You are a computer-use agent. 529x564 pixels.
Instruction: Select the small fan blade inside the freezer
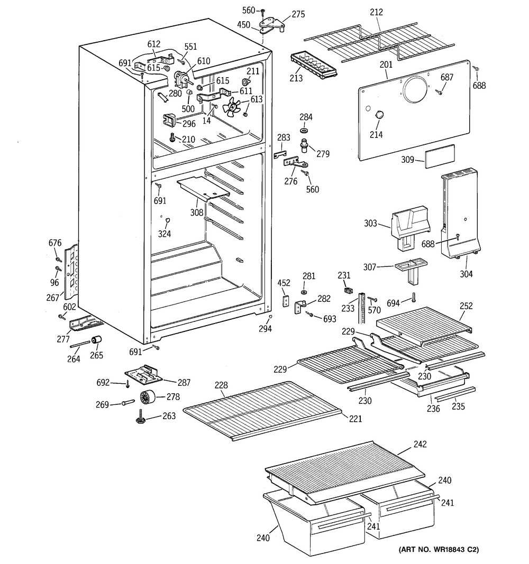coord(231,108)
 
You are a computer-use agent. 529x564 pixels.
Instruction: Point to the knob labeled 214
coord(378,116)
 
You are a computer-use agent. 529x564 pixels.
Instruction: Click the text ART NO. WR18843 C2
coord(439,550)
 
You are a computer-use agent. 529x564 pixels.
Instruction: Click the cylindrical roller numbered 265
coord(97,340)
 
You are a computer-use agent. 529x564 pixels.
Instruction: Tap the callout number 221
coord(355,420)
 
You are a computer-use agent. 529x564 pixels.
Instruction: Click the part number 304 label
coord(466,274)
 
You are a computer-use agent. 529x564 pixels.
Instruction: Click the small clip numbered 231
coord(348,289)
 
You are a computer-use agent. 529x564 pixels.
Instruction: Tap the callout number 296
coord(189,124)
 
